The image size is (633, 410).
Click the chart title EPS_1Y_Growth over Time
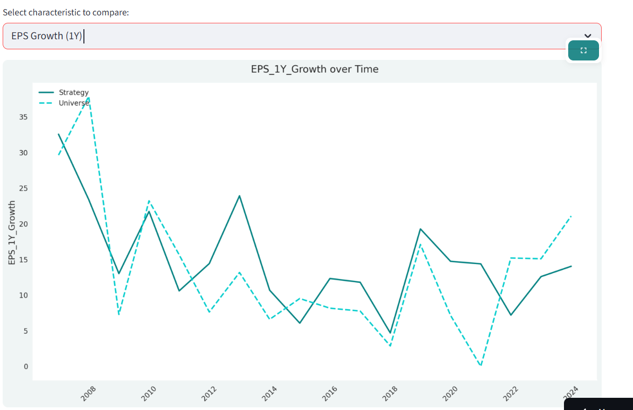tap(314, 69)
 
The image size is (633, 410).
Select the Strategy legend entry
tap(73, 92)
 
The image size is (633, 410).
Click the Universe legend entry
tap(73, 103)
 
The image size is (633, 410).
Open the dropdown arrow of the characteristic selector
tap(587, 36)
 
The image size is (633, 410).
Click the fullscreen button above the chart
tap(583, 50)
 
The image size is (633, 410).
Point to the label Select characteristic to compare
tap(66, 12)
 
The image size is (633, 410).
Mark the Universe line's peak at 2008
tap(89, 98)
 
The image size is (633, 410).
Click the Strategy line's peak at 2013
tap(239, 196)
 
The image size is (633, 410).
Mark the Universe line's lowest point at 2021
tap(481, 366)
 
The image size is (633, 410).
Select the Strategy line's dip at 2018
tap(390, 333)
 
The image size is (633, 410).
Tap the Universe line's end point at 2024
tap(571, 216)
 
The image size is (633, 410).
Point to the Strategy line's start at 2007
tap(58, 134)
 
